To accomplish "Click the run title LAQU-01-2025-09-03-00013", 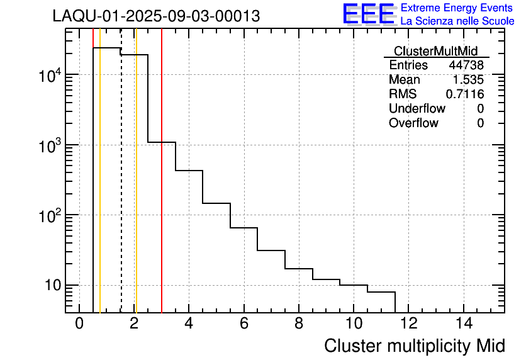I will pyautogui.click(x=156, y=16).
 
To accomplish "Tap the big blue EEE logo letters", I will pyautogui.click(x=369, y=14).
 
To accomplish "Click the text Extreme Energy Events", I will pyautogui.click(x=457, y=8).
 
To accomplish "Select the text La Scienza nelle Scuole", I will pyautogui.click(x=457, y=21).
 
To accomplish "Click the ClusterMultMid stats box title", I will pyautogui.click(x=435, y=51).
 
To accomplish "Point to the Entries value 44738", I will pyautogui.click(x=466, y=65).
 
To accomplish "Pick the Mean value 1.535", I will pyautogui.click(x=469, y=80).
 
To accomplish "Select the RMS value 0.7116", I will pyautogui.click(x=465, y=94).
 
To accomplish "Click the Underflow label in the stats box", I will pyautogui.click(x=417, y=109).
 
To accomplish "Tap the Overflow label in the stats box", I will pyautogui.click(x=413, y=123).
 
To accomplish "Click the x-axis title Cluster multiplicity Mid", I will pyautogui.click(x=415, y=346).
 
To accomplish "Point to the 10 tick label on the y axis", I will pyautogui.click(x=50, y=286).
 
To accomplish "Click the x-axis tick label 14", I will pyautogui.click(x=464, y=323).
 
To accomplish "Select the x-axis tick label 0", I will pyautogui.click(x=79, y=323).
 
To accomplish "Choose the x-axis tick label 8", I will pyautogui.click(x=299, y=323).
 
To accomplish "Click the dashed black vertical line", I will pyautogui.click(x=121, y=189).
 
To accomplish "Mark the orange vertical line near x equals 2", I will pyautogui.click(x=136, y=189).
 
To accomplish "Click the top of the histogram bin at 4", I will pyautogui.click(x=189, y=170).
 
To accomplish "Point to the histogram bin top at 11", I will pyautogui.click(x=381, y=292).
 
